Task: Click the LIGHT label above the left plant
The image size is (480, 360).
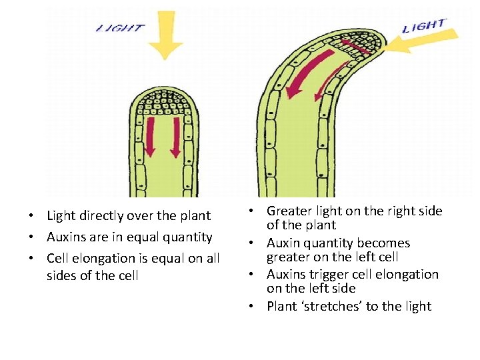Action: click(120, 28)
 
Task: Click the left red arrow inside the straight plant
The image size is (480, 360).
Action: click(149, 137)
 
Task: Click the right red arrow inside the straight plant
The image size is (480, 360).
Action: click(175, 137)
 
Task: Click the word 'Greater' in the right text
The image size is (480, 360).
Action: click(290, 211)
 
